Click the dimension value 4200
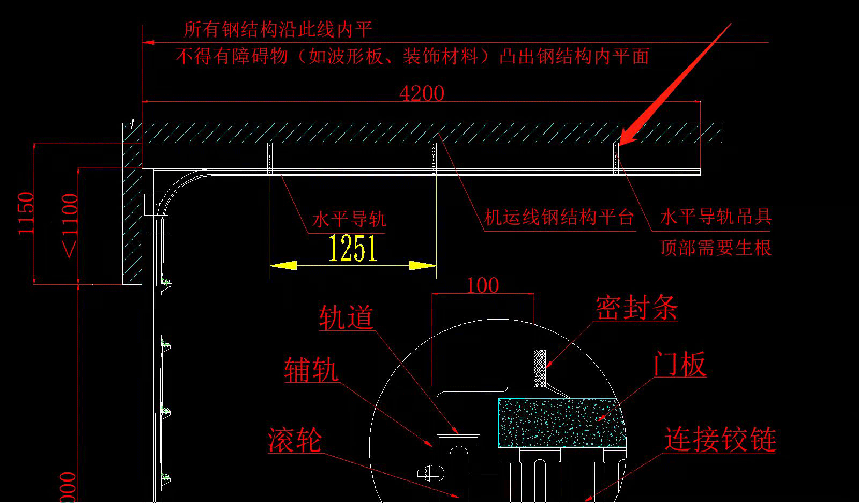click(422, 93)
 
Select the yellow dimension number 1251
click(353, 248)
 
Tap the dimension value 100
click(482, 285)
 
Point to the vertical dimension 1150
click(26, 213)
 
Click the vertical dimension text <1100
click(70, 225)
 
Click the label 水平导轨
click(349, 219)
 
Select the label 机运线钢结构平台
click(559, 218)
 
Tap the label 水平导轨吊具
click(715, 217)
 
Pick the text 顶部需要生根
click(715, 248)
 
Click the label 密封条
click(636, 308)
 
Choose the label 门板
click(679, 365)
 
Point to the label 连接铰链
click(720, 440)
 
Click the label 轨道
click(346, 317)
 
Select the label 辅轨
click(311, 371)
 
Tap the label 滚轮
click(295, 440)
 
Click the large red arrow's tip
click(621, 143)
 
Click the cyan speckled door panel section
click(561, 423)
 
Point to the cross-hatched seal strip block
click(540, 368)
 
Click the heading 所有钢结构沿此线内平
click(278, 29)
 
